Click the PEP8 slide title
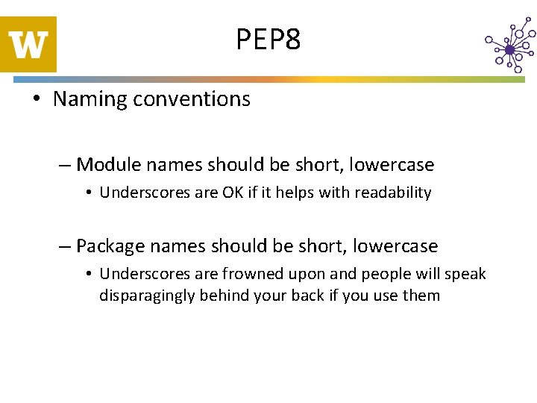268,40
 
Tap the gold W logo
28,44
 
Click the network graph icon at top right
509,47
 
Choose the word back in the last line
309,296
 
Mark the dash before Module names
66,165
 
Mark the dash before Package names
66,246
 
